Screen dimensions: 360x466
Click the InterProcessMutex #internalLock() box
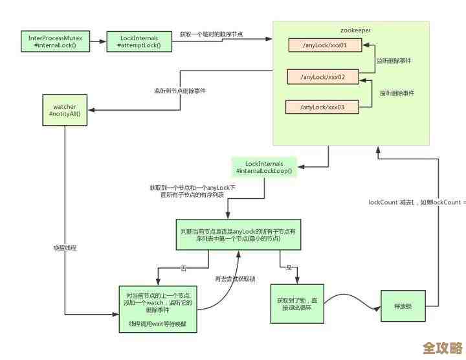pos(55,42)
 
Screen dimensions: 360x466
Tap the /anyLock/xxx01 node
pos(324,46)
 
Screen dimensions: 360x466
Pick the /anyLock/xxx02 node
pos(322,77)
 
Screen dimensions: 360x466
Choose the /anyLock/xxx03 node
pos(322,107)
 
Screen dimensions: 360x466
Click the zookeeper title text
pos(355,30)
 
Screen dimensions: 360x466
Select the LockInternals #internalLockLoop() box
pos(264,168)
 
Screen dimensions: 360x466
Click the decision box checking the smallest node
pos(239,234)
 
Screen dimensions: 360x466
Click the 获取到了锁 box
pos(296,304)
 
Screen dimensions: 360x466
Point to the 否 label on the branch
pos(184,268)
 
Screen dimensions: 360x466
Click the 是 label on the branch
pos(289,267)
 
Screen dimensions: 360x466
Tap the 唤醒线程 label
pos(65,248)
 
